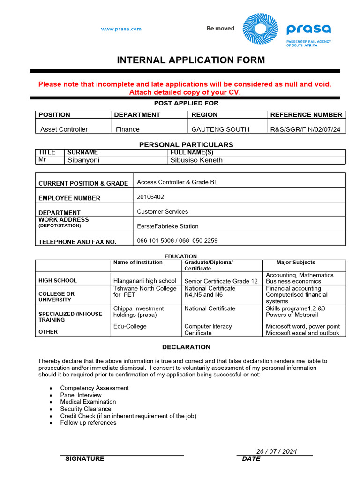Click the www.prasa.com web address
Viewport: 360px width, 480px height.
pos(121,29)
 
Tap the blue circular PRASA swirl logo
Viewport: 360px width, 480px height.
pos(260,29)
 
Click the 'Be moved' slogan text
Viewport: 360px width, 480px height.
pos(220,29)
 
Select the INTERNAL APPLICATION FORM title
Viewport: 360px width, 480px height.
pos(191,60)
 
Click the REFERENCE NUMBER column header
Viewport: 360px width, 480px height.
pos(306,115)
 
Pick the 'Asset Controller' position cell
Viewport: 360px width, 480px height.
pos(64,129)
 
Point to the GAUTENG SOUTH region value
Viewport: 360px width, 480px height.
pos(220,129)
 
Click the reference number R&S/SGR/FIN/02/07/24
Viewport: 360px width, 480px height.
pos(306,129)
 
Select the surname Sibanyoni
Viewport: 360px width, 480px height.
pos(83,160)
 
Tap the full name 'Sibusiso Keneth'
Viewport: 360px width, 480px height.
pos(196,160)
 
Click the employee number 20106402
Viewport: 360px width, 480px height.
pos(150,197)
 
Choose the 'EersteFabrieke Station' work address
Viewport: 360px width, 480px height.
pos(167,226)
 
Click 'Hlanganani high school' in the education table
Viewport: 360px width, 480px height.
pos(145,281)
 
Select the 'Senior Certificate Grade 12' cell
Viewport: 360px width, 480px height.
pos(221,281)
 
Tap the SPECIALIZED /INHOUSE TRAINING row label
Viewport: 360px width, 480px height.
pos(70,316)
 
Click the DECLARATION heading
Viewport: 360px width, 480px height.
pos(186,347)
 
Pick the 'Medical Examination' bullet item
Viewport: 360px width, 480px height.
pos(88,402)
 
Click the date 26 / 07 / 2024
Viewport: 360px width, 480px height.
pos(276,451)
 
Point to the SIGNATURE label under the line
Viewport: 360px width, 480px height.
pos(85,459)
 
